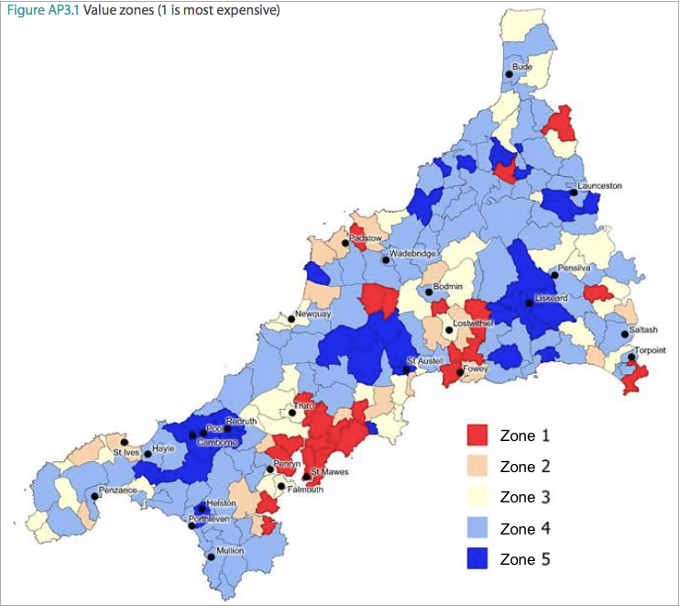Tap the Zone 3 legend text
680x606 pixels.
(525, 497)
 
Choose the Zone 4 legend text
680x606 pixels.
(525, 528)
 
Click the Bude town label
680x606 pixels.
(522, 67)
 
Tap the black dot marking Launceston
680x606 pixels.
(573, 193)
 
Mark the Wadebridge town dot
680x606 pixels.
(386, 259)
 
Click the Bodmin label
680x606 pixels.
(448, 287)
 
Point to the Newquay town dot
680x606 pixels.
(291, 318)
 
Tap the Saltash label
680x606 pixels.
(643, 329)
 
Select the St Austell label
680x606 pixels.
(425, 361)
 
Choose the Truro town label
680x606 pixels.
(304, 405)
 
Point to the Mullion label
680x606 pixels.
(229, 550)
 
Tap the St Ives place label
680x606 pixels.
(126, 452)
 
